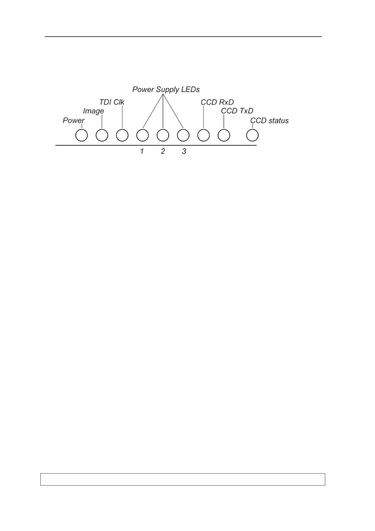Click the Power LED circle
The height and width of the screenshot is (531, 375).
coord(82,136)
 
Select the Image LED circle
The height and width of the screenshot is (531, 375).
coord(102,136)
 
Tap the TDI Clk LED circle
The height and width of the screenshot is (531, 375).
coord(122,136)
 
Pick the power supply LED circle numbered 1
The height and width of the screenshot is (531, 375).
coord(142,136)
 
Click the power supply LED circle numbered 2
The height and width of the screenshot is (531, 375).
coord(163,136)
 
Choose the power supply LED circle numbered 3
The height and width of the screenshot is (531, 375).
coord(183,136)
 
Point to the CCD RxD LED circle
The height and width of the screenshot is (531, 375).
coord(204,136)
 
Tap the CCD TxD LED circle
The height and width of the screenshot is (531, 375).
coord(224,136)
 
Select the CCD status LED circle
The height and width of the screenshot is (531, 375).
coord(252,136)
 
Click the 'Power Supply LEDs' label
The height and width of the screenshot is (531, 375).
coord(166,90)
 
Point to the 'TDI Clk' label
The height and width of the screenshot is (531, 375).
coord(112,102)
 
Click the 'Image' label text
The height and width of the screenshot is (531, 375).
coord(93,111)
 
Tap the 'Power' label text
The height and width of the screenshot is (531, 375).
coord(74,121)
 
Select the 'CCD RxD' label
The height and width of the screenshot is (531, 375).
coord(217,102)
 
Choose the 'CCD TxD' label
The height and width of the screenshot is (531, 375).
coord(237,111)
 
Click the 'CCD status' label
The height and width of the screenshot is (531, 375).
coord(269,121)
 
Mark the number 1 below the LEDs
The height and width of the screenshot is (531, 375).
coord(142,152)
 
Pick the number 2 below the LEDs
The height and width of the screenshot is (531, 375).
coord(163,152)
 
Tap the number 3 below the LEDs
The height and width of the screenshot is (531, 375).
coord(184,152)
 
